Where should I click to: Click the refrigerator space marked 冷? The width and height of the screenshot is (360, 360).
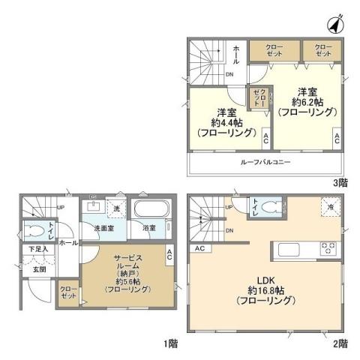328,207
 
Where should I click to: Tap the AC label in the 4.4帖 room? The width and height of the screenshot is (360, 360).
265,137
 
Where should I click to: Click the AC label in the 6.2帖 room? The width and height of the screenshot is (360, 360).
337,137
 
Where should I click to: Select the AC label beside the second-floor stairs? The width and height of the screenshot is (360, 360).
199,248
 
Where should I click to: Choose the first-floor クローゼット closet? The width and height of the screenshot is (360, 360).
69,292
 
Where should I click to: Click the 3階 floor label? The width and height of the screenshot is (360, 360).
340,181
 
